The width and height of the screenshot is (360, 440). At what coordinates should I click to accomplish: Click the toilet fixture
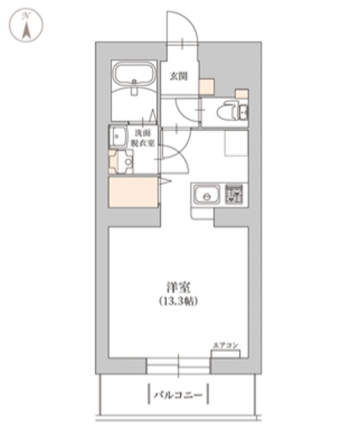tap(230, 111)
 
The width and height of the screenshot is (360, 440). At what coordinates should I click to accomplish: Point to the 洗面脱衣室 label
tap(143, 137)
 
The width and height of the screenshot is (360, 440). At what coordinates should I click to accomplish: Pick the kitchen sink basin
tap(205, 196)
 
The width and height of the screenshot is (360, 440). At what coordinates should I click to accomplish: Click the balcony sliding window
tap(178, 364)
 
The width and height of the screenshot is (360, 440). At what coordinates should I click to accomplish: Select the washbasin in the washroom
tap(117, 135)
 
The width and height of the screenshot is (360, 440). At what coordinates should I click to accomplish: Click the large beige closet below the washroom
tap(134, 192)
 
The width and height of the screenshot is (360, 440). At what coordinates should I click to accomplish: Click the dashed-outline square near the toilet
tap(236, 144)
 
